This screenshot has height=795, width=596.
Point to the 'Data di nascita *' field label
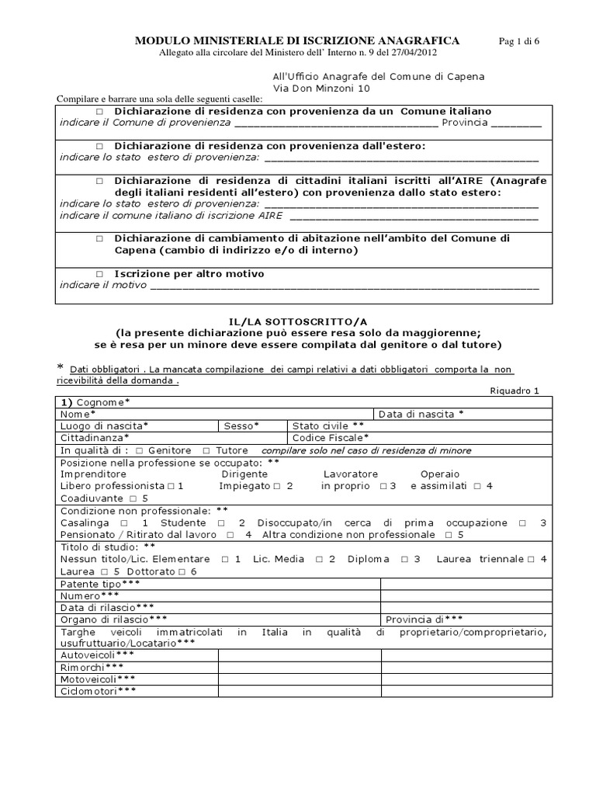coord(421,414)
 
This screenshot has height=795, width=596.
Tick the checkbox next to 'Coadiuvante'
coord(133,498)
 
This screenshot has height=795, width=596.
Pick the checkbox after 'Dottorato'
coord(181,571)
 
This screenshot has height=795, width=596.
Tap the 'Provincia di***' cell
coord(424,620)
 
